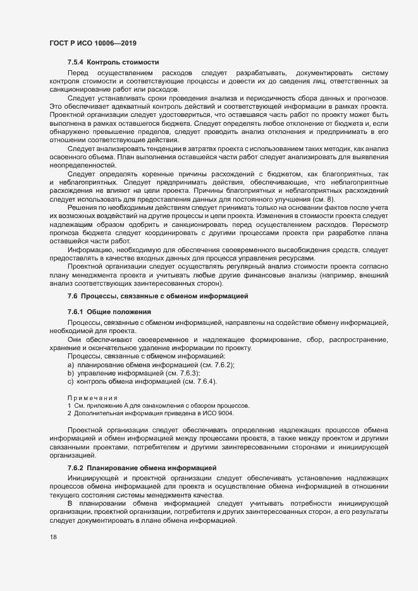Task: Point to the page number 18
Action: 53,537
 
